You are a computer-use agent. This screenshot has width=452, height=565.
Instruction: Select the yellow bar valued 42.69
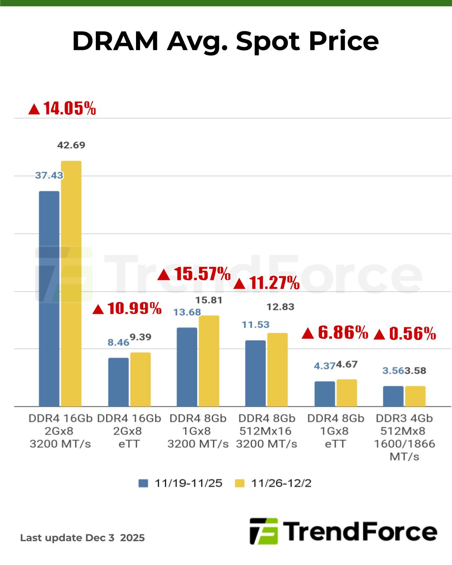click(71, 283)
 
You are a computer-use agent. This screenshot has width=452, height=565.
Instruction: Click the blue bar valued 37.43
click(49, 298)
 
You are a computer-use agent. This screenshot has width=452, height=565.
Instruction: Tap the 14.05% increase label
click(62, 109)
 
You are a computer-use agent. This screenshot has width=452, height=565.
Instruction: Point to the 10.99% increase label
click(127, 309)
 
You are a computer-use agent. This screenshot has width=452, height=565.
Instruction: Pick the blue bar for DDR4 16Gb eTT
click(118, 382)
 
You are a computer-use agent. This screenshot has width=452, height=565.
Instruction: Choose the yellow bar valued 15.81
click(209, 361)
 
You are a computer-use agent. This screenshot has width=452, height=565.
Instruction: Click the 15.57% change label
click(194, 274)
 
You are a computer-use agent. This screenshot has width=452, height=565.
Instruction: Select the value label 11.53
click(255, 325)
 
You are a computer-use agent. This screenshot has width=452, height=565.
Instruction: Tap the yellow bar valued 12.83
click(277, 370)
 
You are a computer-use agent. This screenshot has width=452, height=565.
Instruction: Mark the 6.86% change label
click(335, 333)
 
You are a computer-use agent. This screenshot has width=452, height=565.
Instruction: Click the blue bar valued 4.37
click(325, 393)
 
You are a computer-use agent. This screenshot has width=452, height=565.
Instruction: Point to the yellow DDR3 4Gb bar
click(415, 396)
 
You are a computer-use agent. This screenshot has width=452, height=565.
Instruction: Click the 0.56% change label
click(405, 334)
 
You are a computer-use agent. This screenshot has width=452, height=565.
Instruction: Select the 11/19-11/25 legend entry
click(180, 483)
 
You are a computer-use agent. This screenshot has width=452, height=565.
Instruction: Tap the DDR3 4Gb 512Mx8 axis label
click(404, 437)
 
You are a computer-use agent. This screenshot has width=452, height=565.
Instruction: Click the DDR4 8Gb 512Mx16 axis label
click(267, 431)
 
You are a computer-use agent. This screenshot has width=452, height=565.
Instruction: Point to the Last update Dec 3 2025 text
click(82, 538)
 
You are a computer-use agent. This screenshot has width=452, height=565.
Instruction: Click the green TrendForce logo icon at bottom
click(264, 531)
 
